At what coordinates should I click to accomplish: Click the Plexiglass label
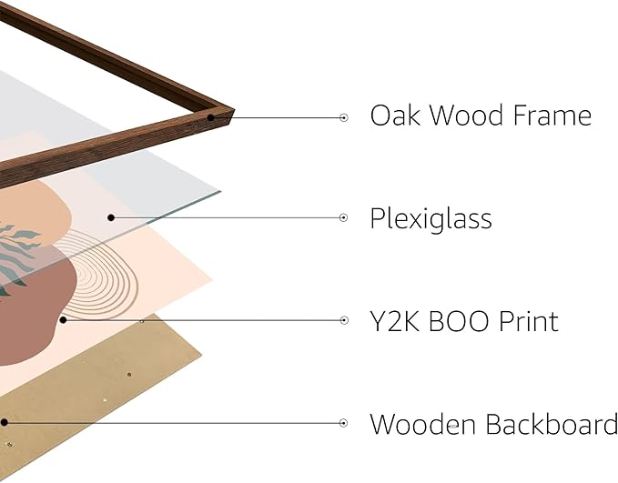pos(431,219)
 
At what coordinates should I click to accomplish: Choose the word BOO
pos(459,321)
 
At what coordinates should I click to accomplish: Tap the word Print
pos(529,321)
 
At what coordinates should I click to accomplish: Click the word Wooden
pos(422,424)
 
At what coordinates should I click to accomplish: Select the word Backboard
pos(551,424)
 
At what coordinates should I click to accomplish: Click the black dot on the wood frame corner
pos(211,117)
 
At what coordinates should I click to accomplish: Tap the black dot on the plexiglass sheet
pos(111,217)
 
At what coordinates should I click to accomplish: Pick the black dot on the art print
pos(63,320)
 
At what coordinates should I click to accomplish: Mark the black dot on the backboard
pos(5,422)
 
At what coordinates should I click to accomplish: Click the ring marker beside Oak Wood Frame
pos(344,117)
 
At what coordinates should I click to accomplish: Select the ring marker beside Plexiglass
pos(344,217)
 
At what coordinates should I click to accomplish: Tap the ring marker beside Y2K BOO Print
pos(344,320)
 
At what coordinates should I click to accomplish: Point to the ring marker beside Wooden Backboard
pos(344,423)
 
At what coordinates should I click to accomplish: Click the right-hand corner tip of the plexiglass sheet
pos(220,191)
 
